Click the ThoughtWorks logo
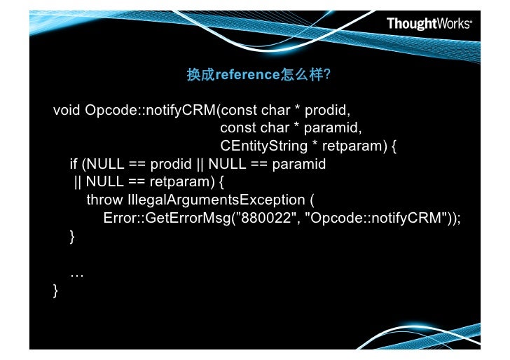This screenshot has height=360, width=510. [429, 24]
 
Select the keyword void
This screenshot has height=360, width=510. [67, 111]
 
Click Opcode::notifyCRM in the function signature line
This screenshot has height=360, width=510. [149, 111]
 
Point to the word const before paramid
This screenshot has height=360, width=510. [238, 129]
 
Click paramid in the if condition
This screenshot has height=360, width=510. [301, 165]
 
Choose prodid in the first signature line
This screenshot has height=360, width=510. [327, 111]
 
